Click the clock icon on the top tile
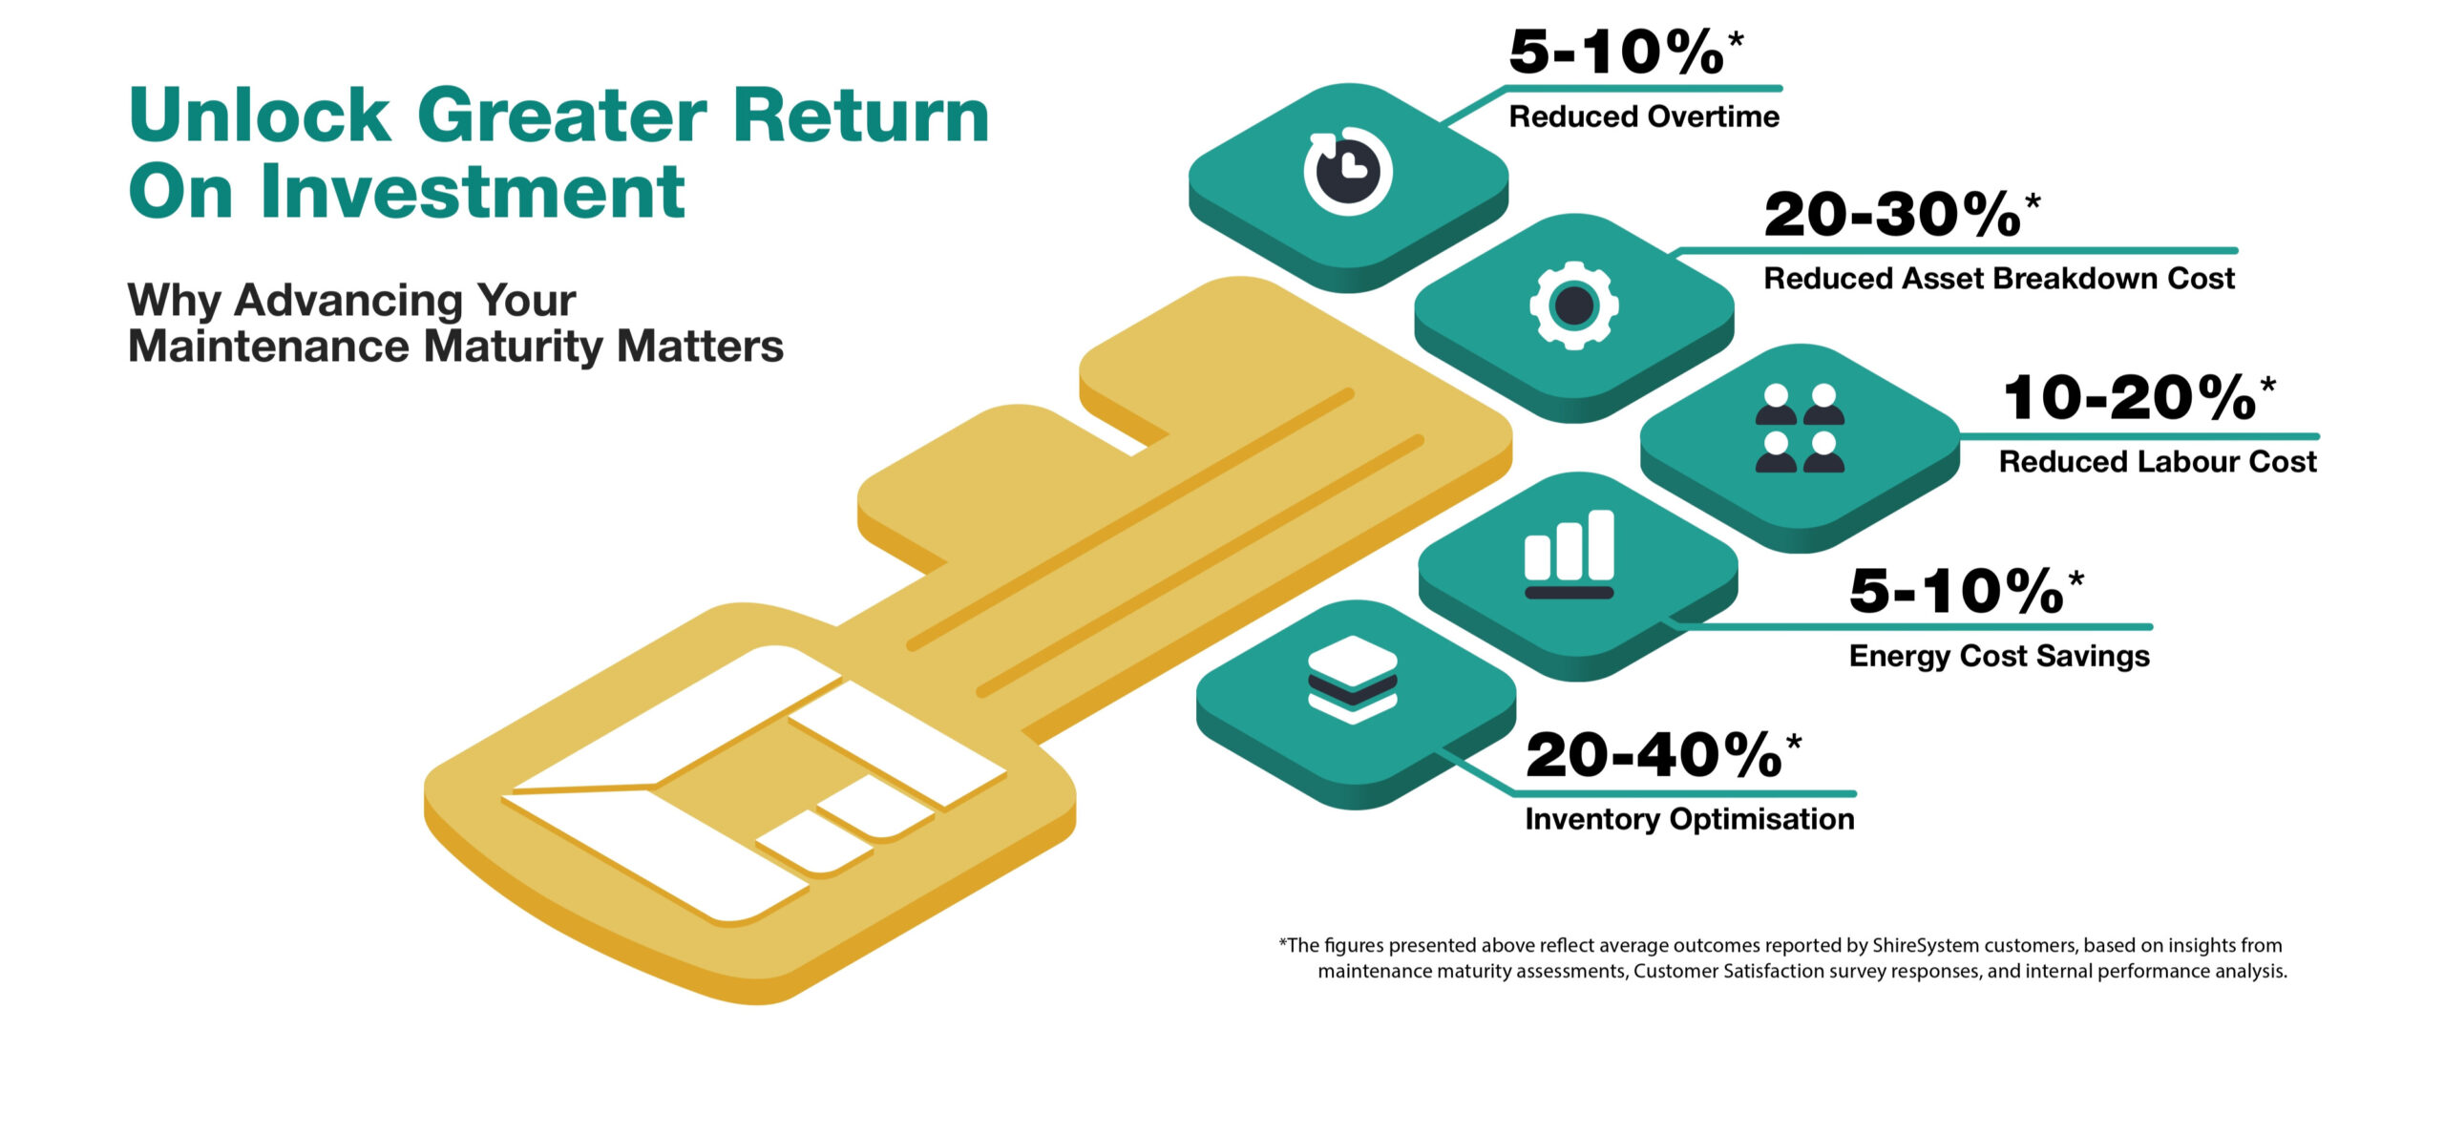click(1348, 170)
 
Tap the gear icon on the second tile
click(1574, 305)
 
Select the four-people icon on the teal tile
click(1800, 429)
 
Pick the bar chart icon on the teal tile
click(1570, 555)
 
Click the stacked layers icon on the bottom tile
click(1352, 680)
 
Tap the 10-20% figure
click(2130, 397)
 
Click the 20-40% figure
click(1654, 755)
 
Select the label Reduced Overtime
click(1644, 116)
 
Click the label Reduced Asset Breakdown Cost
click(1999, 278)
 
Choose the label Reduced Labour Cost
click(2158, 461)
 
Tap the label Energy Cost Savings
click(1999, 656)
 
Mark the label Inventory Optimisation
click(1690, 819)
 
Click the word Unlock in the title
click(260, 115)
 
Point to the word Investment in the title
click(472, 191)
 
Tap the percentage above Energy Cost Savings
click(1956, 591)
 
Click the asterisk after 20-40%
click(1794, 741)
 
